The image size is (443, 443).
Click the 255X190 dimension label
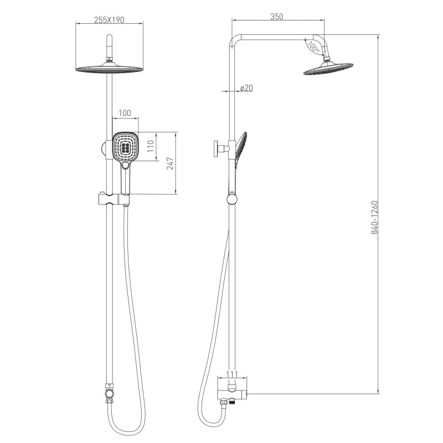click(x=109, y=20)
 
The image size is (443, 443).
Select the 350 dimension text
click(x=276, y=17)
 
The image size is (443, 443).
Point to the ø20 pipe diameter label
click(x=246, y=88)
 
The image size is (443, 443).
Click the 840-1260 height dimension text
click(x=374, y=218)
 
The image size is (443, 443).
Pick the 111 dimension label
click(x=232, y=374)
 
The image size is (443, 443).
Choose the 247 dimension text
click(x=171, y=163)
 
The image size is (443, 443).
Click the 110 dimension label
click(x=151, y=146)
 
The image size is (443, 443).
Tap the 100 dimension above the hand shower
click(x=125, y=113)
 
